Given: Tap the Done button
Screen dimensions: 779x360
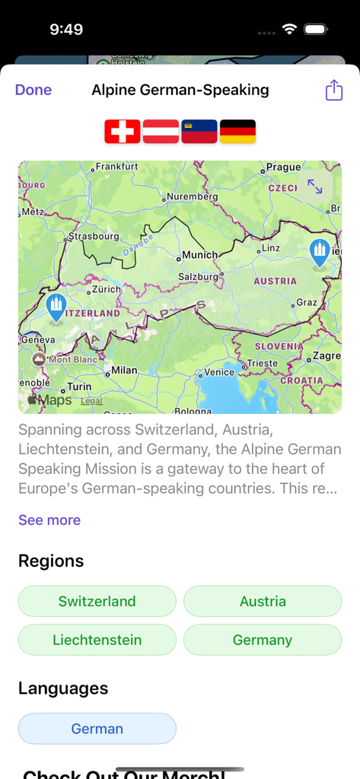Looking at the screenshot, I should point(33,90).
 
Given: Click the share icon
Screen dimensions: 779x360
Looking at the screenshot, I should point(334,91).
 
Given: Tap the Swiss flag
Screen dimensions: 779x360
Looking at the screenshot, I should point(123,132).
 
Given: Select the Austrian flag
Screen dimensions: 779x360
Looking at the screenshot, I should point(161,132).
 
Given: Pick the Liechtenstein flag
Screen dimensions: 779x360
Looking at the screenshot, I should point(199,132).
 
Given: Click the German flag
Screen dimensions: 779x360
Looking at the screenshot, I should point(237,132).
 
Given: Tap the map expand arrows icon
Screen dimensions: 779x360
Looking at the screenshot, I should point(314,186).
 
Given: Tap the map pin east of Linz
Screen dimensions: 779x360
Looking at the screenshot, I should point(320,252).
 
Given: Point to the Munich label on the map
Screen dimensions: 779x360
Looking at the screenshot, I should point(199,255).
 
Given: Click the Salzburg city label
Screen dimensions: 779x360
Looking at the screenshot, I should point(198,277).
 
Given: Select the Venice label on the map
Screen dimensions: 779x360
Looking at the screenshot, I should point(219,372).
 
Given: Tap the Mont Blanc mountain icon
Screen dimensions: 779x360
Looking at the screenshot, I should point(38,358).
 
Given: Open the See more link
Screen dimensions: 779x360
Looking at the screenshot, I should point(49,520).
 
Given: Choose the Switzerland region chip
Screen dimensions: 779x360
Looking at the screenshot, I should point(97,601).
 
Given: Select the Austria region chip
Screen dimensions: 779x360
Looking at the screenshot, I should point(263,601).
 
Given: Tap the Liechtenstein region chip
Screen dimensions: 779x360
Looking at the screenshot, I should point(97,640).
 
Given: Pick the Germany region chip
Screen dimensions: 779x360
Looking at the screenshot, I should point(263,640).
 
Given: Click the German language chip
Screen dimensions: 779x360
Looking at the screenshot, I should point(97,729).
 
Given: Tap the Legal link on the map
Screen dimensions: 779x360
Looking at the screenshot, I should point(91,401).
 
